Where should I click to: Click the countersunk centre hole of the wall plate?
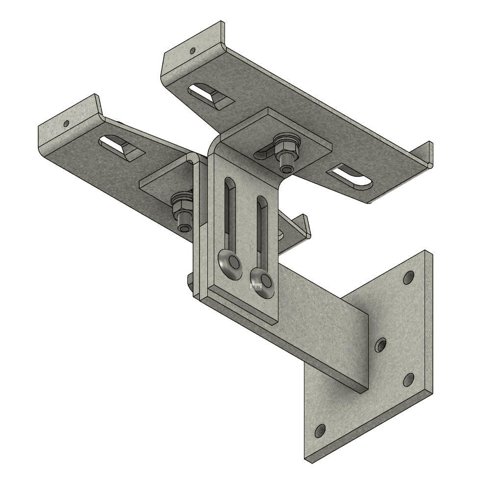[380, 346]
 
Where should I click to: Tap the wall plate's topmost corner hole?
[408, 278]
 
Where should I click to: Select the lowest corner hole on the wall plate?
[320, 431]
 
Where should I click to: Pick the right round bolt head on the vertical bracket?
[265, 281]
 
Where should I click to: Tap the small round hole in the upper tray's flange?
[193, 50]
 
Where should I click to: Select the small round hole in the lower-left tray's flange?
[66, 123]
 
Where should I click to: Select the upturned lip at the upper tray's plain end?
[425, 154]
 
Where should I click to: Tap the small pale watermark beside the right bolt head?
[254, 286]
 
